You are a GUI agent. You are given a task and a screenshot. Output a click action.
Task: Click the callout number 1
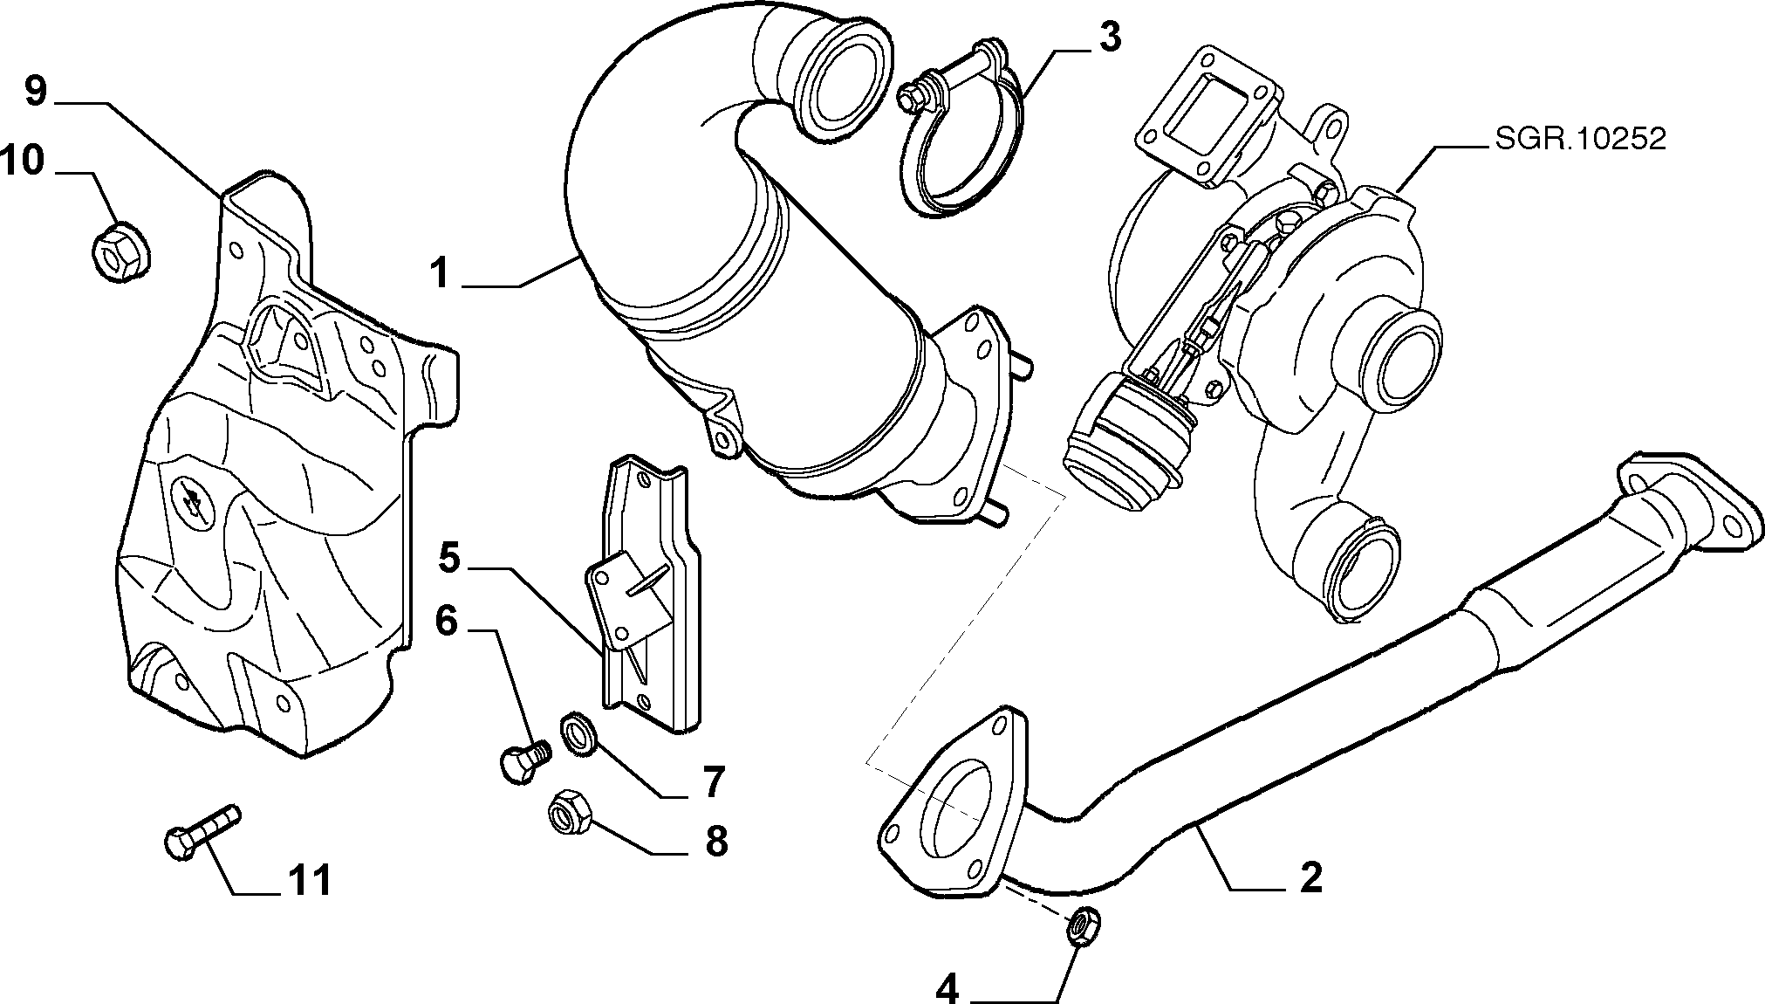point(440,273)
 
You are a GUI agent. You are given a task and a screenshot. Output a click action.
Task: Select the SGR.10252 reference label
point(1580,140)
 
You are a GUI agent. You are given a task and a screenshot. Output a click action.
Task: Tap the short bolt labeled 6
point(523,760)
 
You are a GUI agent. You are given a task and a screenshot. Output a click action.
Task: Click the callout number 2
point(1310,877)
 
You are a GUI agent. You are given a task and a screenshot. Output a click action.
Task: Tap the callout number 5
point(448,557)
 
